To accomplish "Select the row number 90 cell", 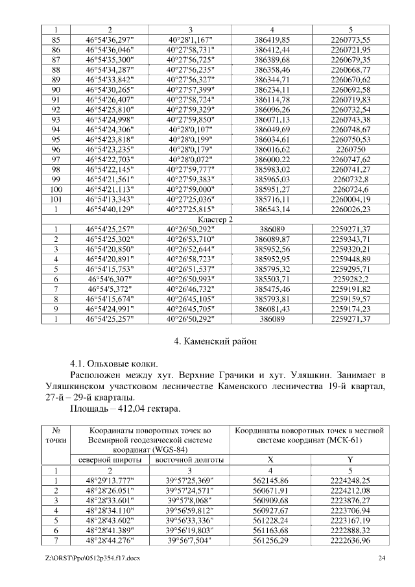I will coord(56,89).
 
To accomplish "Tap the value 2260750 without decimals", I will coord(350,149).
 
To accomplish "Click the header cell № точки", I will coord(56,438).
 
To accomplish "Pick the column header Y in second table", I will coord(350,460).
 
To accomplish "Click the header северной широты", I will coord(110,460).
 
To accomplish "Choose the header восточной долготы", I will coord(190,460).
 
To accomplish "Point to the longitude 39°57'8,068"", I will coord(190,500).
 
